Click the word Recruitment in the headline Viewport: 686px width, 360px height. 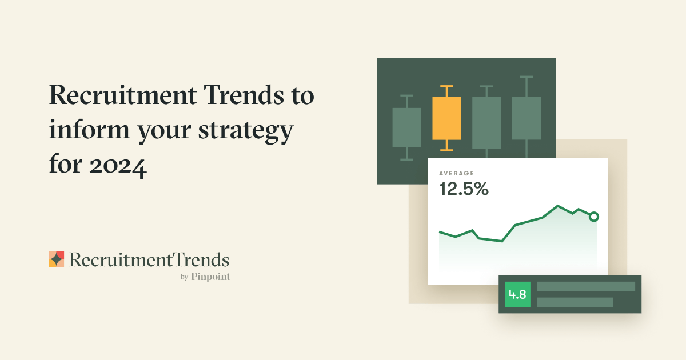point(123,95)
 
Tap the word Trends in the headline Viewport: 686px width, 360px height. point(244,95)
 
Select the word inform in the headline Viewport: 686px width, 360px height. point(89,129)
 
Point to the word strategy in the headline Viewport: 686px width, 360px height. point(246,131)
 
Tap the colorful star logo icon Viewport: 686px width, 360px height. point(57,259)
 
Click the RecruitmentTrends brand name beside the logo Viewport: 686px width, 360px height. point(149,260)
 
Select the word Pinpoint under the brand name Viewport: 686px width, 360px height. point(210,277)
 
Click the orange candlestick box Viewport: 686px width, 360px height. point(446,118)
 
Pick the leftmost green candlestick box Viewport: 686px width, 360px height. point(406,127)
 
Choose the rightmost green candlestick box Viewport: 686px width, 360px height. point(527,118)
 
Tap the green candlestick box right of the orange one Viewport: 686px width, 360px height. point(486,123)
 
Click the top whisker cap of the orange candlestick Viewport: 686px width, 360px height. point(446,87)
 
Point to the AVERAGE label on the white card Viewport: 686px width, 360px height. point(456,173)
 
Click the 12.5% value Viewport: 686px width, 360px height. point(464,189)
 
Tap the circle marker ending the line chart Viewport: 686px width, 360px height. point(594,217)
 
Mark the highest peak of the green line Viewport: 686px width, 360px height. point(557,206)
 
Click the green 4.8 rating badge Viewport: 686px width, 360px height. point(517,294)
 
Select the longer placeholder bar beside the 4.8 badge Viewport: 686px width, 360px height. point(586,286)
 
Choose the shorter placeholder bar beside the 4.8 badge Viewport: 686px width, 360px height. point(575,302)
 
